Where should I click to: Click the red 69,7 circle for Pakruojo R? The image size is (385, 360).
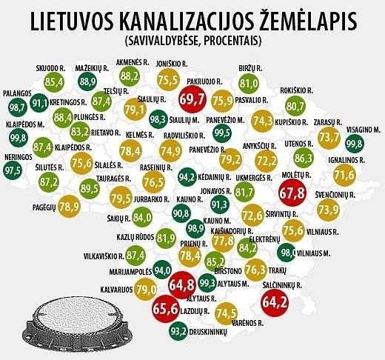point(192,99)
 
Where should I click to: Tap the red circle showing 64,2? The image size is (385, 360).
point(275,302)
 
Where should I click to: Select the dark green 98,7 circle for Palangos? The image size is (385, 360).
point(18,107)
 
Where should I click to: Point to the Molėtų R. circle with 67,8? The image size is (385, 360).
point(292,193)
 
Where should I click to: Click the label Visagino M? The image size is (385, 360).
point(364,130)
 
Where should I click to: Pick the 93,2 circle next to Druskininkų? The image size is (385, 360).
point(178,331)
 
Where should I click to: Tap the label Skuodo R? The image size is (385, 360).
point(50,68)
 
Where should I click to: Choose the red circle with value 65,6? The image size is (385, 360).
point(166,308)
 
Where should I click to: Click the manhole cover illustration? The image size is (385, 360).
point(78,321)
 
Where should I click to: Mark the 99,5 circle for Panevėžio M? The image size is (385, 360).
point(222,133)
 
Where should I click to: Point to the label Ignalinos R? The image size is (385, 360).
point(346,160)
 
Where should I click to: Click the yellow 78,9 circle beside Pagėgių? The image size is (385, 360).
point(70,207)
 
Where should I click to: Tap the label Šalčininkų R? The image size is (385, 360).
point(283,286)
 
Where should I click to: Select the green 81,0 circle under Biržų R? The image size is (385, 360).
point(249,84)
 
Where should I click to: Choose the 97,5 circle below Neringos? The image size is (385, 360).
point(13,170)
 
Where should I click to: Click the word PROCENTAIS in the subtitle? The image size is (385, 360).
point(231,41)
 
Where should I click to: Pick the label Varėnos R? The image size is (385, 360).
point(247,323)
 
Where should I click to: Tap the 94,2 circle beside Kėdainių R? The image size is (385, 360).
point(187,177)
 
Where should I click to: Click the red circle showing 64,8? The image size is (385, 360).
point(182,284)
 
